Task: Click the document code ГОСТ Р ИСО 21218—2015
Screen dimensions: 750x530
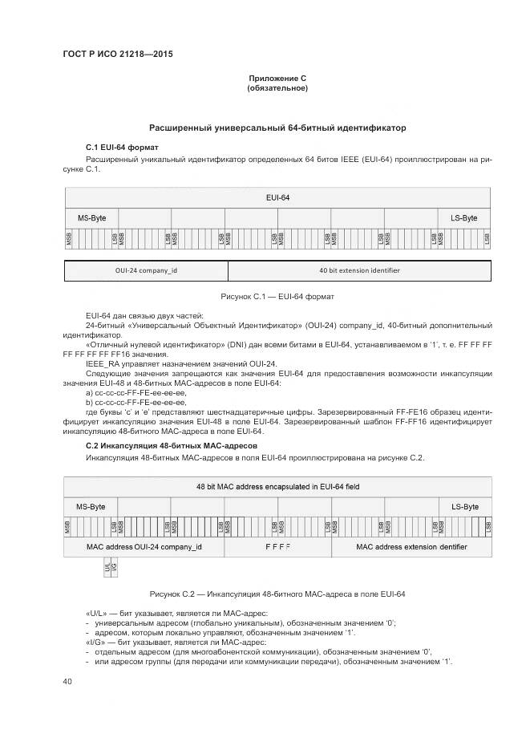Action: pyautogui.click(x=117, y=55)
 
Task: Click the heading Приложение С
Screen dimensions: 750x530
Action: pyautogui.click(x=277, y=78)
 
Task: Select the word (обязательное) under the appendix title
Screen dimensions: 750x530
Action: pyautogui.click(x=277, y=87)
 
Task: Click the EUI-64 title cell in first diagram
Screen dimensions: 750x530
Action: pyautogui.click(x=277, y=197)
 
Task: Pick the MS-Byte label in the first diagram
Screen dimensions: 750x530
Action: pyautogui.click(x=91, y=218)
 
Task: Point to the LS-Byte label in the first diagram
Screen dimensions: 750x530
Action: pyautogui.click(x=463, y=218)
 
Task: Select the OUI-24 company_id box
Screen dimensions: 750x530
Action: pyautogui.click(x=146, y=270)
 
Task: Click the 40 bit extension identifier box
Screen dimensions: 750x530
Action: pyautogui.click(x=359, y=270)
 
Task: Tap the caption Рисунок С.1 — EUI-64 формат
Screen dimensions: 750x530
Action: pyautogui.click(x=277, y=296)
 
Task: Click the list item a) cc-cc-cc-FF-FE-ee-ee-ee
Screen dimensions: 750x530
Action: pyautogui.click(x=136, y=393)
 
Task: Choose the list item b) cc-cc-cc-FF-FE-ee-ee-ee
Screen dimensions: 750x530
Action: pyautogui.click(x=136, y=403)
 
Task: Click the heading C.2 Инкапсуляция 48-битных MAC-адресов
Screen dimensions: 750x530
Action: pyautogui.click(x=172, y=445)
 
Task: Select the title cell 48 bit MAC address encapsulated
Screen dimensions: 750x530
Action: pyautogui.click(x=277, y=486)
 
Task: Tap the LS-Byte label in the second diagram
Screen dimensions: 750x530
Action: pyautogui.click(x=465, y=507)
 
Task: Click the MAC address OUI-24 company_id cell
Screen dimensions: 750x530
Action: pyautogui.click(x=144, y=547)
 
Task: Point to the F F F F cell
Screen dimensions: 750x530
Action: pyautogui.click(x=277, y=547)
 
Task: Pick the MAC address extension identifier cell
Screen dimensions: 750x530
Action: pyautogui.click(x=411, y=547)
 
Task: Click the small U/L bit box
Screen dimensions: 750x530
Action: pyautogui.click(x=107, y=567)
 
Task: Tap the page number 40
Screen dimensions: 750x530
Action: pyautogui.click(x=68, y=681)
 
